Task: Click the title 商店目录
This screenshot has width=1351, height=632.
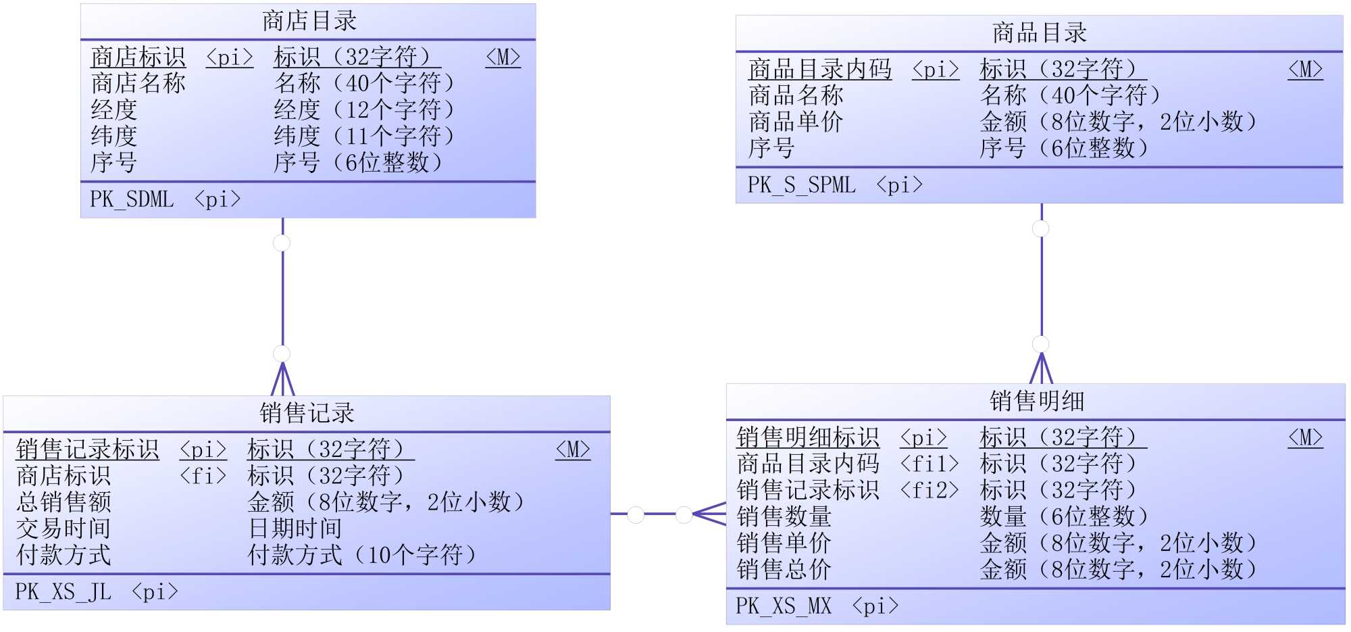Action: (x=309, y=21)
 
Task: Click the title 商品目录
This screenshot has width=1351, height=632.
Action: (x=1039, y=32)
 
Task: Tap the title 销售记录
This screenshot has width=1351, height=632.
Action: (x=307, y=413)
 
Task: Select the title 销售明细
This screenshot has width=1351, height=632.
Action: (x=1036, y=401)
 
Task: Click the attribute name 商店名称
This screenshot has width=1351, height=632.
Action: (x=138, y=83)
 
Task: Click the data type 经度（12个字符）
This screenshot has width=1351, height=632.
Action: (x=364, y=110)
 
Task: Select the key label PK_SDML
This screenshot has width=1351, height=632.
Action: (x=132, y=199)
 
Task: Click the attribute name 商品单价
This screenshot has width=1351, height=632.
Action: (x=796, y=122)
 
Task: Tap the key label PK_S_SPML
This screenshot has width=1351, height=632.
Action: (x=801, y=185)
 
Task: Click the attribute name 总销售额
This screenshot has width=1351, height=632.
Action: (x=63, y=502)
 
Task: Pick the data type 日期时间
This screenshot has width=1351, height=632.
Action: (x=295, y=529)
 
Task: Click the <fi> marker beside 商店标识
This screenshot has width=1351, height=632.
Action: (x=203, y=476)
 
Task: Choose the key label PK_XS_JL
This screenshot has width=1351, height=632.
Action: (x=63, y=592)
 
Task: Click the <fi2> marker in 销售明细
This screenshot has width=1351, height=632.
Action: (x=929, y=490)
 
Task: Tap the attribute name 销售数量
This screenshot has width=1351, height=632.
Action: (x=784, y=516)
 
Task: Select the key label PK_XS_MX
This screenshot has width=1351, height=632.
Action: (x=783, y=606)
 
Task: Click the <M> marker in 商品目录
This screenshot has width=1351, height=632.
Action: (x=1305, y=69)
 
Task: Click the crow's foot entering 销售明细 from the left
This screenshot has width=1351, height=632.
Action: (x=709, y=514)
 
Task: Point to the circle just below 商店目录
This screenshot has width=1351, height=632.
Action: (x=282, y=243)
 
